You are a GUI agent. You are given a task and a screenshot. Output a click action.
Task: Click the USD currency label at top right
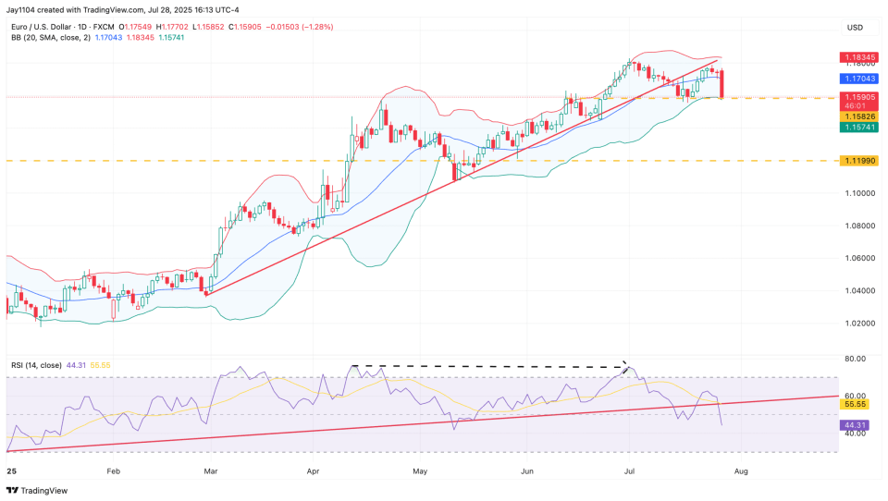855,28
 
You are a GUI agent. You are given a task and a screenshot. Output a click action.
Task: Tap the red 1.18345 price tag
859,57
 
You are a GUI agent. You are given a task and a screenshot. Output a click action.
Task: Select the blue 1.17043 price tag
859,79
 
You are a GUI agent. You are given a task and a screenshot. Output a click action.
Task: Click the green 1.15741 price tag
859,128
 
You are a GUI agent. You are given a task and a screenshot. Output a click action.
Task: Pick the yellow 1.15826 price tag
859,116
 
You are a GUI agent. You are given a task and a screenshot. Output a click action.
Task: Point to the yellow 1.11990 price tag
859,161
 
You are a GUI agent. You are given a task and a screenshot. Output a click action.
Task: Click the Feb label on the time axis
114,471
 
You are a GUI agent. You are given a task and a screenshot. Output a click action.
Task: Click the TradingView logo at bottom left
39,491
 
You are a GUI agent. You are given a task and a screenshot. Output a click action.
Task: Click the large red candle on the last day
721,83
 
